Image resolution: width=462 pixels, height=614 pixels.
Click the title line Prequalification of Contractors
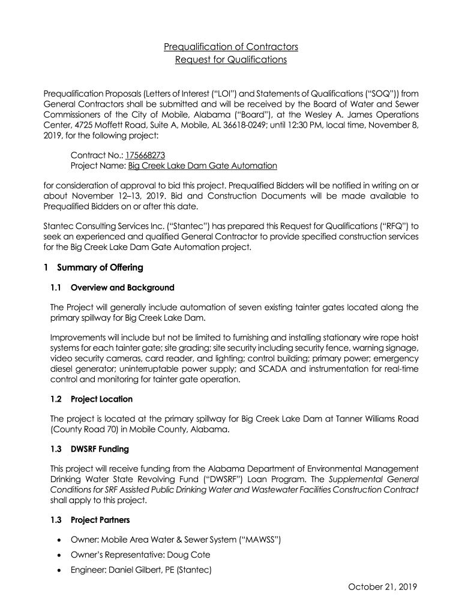(x=231, y=46)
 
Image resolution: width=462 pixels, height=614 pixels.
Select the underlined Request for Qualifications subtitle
(x=231, y=60)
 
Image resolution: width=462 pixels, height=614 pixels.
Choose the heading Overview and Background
(x=122, y=288)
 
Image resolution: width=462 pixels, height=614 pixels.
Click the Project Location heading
(x=101, y=399)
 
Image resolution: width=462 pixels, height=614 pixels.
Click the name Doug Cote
(x=193, y=555)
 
